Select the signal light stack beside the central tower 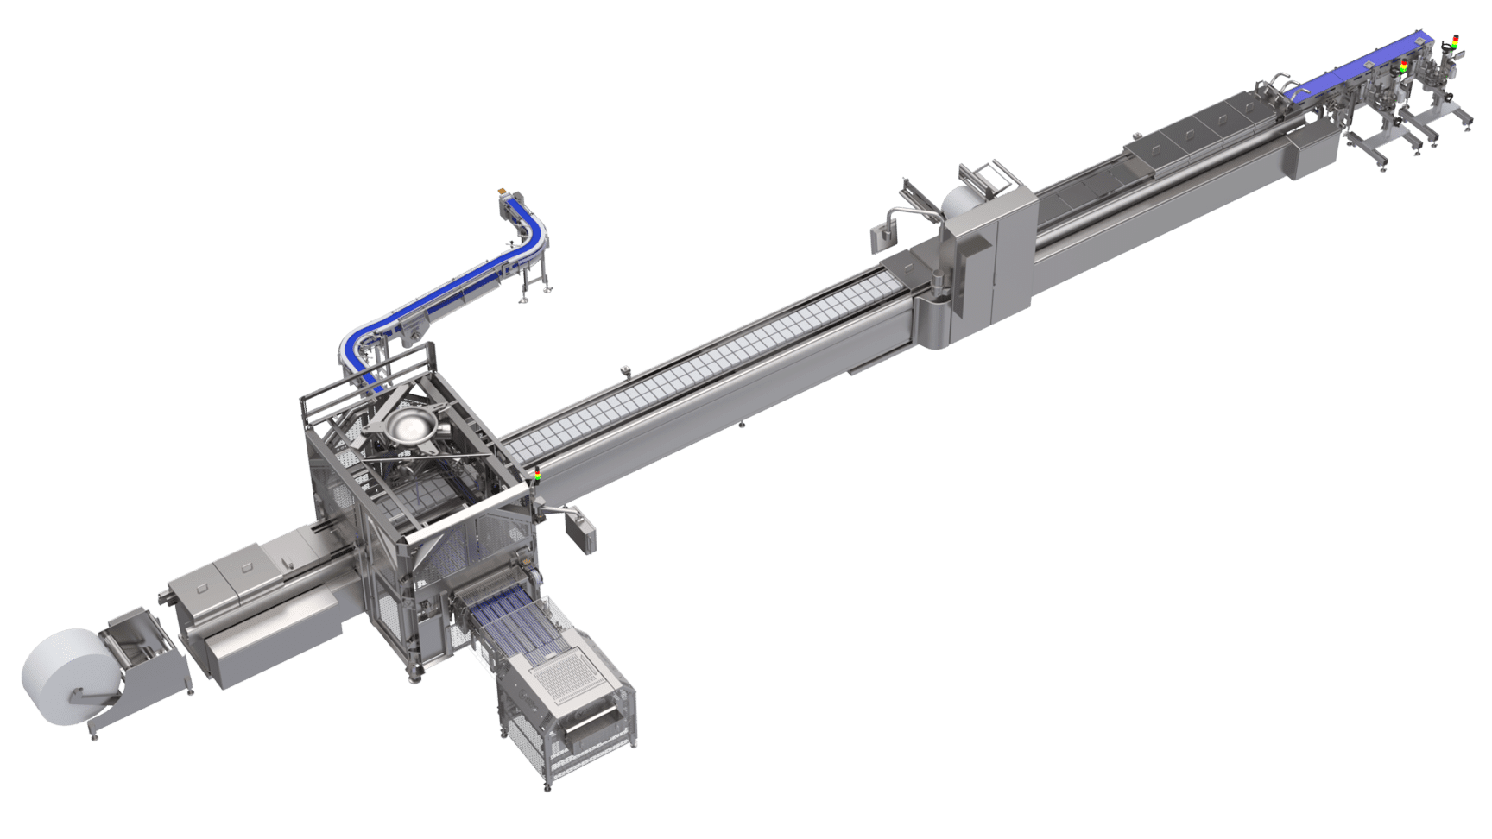(x=537, y=476)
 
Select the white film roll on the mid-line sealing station (x=959, y=203)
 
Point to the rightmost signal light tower (x=1456, y=40)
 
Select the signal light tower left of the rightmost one (x=1403, y=66)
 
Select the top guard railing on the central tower (x=363, y=388)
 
